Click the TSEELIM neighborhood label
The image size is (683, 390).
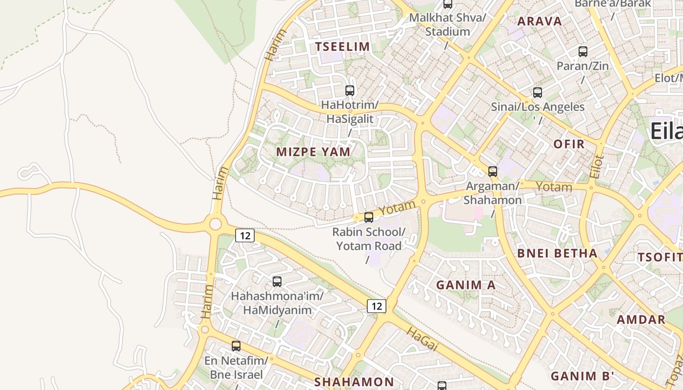click(x=342, y=47)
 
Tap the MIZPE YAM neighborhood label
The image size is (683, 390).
click(x=313, y=152)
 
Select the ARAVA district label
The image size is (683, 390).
click(x=540, y=21)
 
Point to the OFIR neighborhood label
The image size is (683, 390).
click(x=569, y=144)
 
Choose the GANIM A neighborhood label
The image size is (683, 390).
click(x=466, y=285)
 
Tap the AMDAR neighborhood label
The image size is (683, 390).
click(x=641, y=320)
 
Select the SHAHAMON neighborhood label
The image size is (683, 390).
click(x=354, y=382)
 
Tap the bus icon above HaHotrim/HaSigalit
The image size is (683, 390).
click(x=350, y=90)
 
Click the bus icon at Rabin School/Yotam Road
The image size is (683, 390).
click(x=369, y=217)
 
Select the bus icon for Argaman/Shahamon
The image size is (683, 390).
click(x=493, y=172)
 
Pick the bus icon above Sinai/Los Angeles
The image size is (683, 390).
click(x=538, y=93)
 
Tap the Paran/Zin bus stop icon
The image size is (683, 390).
click(x=583, y=51)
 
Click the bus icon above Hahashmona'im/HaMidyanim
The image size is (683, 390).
click(x=277, y=281)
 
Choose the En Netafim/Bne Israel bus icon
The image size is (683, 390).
click(x=236, y=346)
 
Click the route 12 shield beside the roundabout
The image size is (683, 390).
click(x=245, y=235)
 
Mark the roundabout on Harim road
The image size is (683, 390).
click(x=215, y=224)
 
